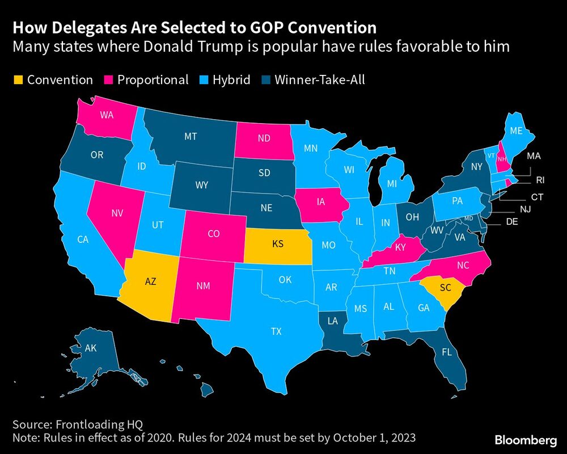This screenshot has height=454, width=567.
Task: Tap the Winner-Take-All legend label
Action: tap(319, 80)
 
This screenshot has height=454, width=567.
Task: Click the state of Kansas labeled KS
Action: tap(277, 244)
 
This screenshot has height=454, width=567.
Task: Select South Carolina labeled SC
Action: tap(445, 288)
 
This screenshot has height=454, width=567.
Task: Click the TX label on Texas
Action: tap(277, 331)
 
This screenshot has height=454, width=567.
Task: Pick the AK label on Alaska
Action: tap(91, 348)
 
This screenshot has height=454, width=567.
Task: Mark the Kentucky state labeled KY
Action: tap(400, 247)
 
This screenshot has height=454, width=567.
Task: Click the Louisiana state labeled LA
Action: tap(332, 322)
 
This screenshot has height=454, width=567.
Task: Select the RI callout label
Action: tap(540, 180)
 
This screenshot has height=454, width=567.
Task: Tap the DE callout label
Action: tap(511, 222)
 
